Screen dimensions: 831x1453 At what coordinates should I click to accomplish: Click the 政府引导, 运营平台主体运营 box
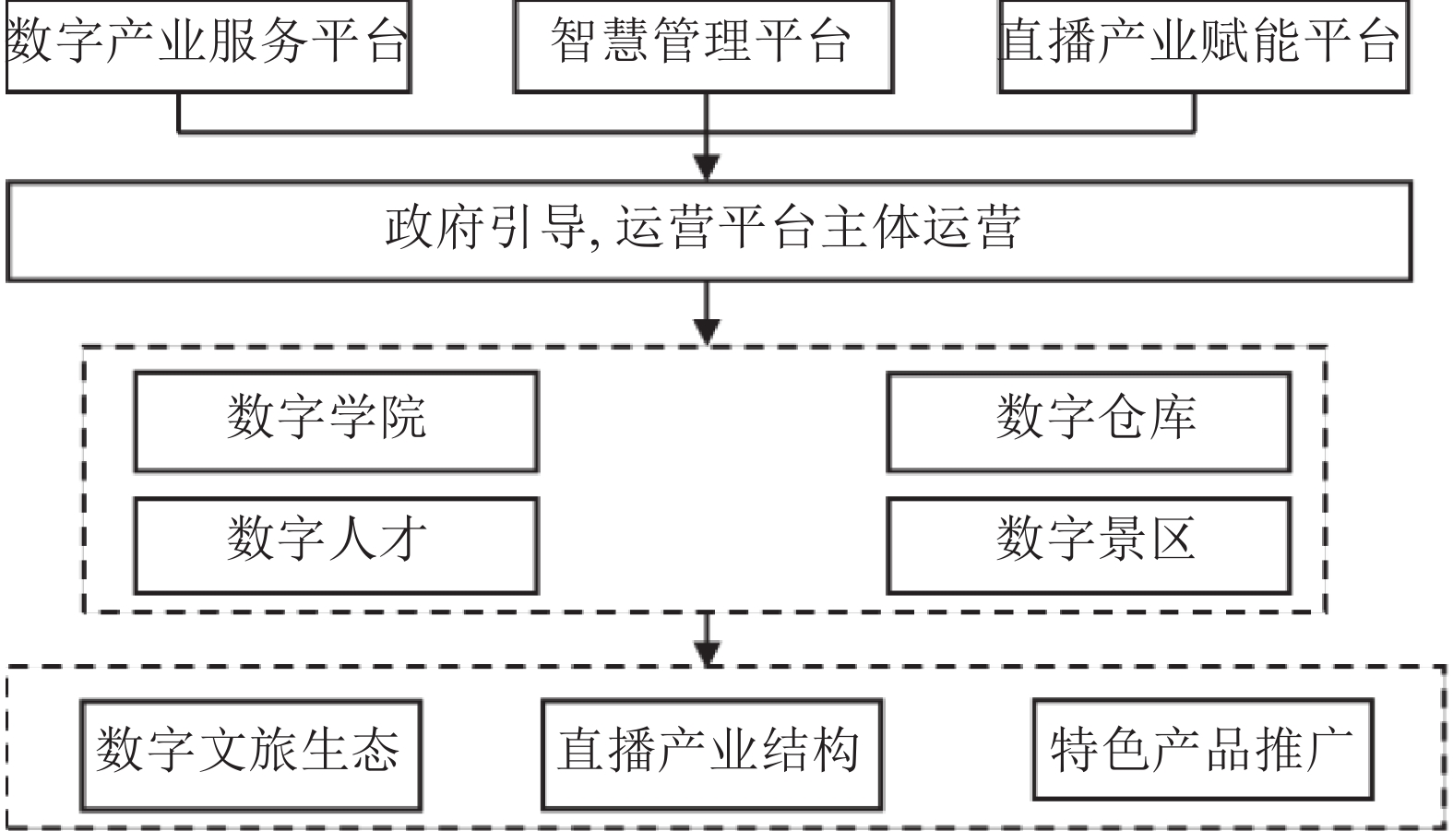click(709, 231)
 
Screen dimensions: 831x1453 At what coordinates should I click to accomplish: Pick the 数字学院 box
click(336, 421)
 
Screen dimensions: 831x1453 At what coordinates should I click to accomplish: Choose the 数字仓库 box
click(1089, 421)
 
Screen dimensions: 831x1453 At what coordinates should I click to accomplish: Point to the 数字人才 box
click(336, 545)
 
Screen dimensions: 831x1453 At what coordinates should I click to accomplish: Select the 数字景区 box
click(1089, 545)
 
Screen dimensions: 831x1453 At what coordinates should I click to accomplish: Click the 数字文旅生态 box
click(250, 754)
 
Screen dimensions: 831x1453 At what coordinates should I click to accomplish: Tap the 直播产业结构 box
click(711, 754)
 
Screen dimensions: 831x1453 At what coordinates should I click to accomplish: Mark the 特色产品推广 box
click(1202, 749)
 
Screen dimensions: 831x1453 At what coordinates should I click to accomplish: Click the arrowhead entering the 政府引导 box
click(707, 167)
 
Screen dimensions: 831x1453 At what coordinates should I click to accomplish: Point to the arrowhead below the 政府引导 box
click(707, 330)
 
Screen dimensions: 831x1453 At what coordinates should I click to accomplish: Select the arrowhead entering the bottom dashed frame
click(707, 650)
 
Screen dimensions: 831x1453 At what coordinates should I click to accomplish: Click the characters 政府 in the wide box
click(435, 228)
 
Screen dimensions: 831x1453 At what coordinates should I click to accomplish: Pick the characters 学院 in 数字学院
click(376, 417)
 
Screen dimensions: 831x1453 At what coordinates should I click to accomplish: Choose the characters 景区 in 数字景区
click(1146, 540)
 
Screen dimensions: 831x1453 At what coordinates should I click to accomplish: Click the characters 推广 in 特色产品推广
click(1303, 749)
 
